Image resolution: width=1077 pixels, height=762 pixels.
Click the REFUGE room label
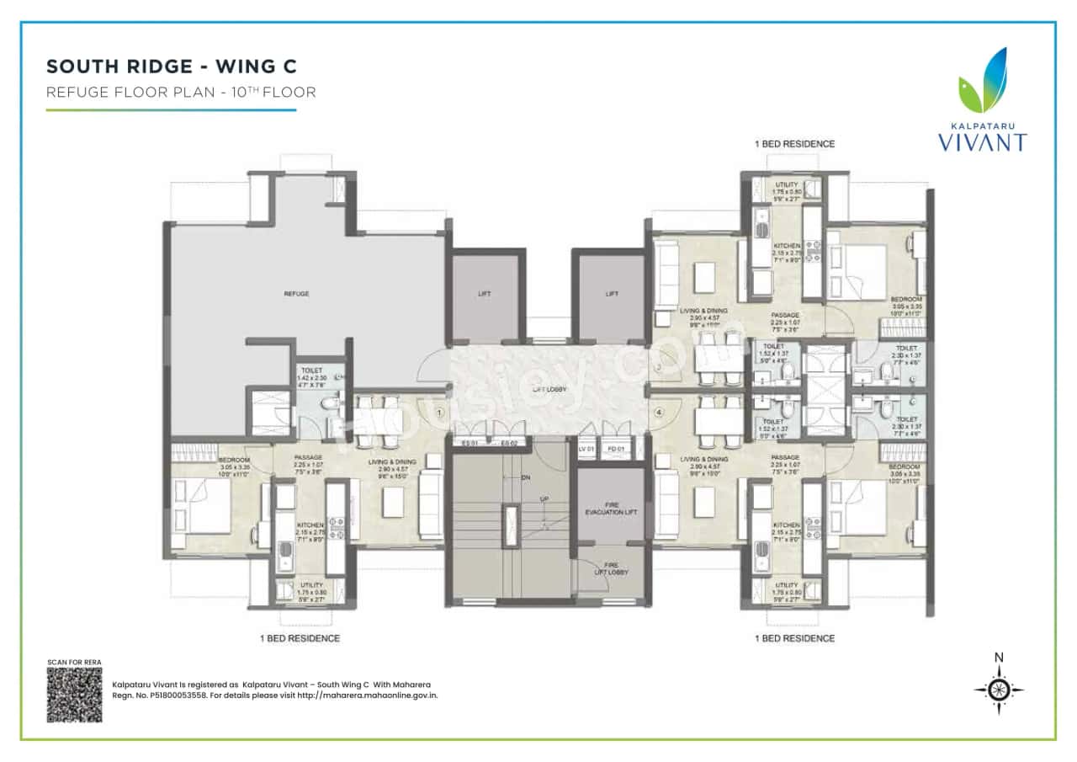pyautogui.click(x=296, y=294)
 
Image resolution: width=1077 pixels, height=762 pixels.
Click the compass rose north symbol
pyautogui.click(x=999, y=688)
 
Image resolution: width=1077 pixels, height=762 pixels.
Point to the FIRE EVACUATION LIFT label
pyautogui.click(x=611, y=510)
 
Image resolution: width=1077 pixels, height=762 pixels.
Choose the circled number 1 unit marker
pyautogui.click(x=440, y=413)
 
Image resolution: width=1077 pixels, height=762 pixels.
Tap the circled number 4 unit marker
pyautogui.click(x=659, y=413)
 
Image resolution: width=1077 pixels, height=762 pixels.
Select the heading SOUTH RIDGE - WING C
pyautogui.click(x=171, y=66)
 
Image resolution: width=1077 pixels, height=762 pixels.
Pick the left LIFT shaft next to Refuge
pyautogui.click(x=484, y=294)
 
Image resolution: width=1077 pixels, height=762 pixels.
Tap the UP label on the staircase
pyautogui.click(x=544, y=499)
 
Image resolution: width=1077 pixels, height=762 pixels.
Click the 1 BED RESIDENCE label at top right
pyautogui.click(x=794, y=144)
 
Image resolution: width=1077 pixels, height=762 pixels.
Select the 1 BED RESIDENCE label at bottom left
pyautogui.click(x=300, y=638)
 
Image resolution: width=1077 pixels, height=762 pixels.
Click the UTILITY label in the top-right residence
pyautogui.click(x=787, y=184)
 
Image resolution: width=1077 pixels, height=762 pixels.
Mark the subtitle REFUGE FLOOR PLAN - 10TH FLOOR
pyautogui.click(x=181, y=93)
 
